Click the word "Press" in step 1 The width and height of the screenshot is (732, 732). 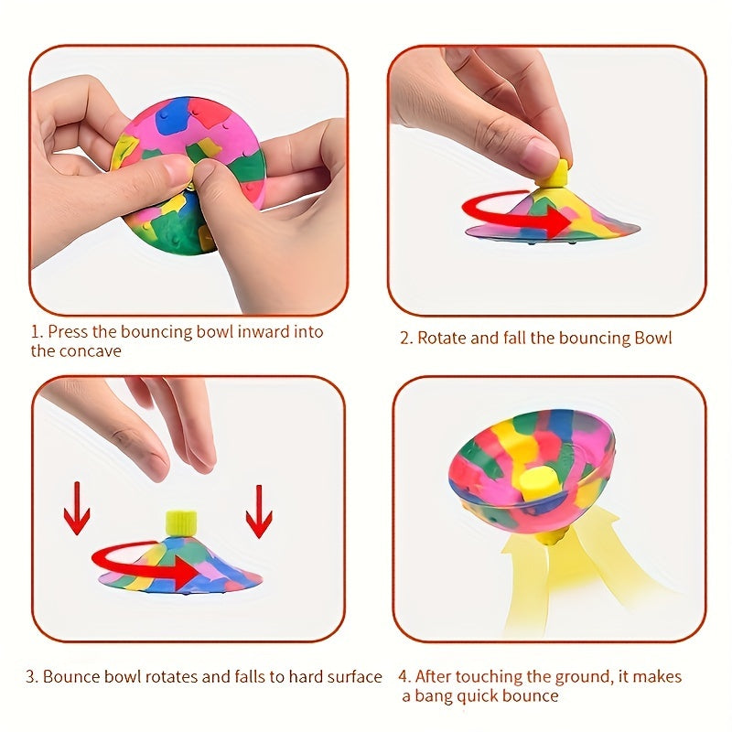(x=68, y=332)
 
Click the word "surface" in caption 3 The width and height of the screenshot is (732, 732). (x=355, y=676)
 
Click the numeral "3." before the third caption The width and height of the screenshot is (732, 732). (x=32, y=677)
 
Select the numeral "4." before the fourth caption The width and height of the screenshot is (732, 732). (x=404, y=676)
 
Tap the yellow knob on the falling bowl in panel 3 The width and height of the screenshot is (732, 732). (x=181, y=522)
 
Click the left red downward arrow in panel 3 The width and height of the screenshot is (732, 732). (x=77, y=509)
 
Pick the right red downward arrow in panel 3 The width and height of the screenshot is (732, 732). (x=259, y=511)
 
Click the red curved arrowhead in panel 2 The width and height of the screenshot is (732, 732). (x=558, y=221)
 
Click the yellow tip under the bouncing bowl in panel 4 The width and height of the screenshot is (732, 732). (x=550, y=538)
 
